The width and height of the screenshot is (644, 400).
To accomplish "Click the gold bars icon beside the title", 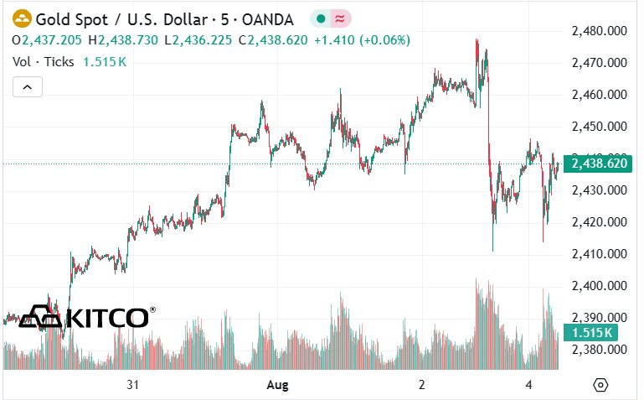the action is click(22, 19).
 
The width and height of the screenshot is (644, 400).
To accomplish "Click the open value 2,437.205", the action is click(52, 40).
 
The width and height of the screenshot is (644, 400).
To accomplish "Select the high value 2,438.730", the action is click(128, 40).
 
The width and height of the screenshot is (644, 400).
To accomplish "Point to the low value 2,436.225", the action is click(202, 40).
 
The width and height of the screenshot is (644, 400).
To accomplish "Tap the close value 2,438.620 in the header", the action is click(278, 40).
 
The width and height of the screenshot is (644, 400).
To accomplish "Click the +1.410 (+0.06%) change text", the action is click(363, 40).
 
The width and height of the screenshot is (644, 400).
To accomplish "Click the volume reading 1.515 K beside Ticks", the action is click(105, 62).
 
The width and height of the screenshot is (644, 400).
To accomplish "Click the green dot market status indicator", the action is click(322, 18).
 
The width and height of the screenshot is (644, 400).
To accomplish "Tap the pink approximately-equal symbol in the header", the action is click(340, 18).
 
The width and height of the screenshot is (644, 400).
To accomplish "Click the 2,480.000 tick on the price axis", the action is click(600, 31).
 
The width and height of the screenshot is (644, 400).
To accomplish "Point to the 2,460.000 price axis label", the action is click(600, 95).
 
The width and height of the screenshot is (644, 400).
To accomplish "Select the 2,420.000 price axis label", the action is click(600, 222).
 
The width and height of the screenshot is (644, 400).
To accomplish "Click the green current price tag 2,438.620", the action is click(598, 164).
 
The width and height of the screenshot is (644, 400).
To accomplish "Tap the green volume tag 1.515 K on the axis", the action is click(590, 333).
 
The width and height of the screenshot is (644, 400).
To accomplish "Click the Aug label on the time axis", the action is click(278, 385).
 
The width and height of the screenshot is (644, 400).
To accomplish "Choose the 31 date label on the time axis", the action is click(132, 385).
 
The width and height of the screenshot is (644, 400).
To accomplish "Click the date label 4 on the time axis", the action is click(528, 385).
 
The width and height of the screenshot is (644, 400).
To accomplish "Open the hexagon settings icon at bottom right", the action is click(600, 385).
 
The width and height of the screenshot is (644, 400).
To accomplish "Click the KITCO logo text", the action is click(107, 318).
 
